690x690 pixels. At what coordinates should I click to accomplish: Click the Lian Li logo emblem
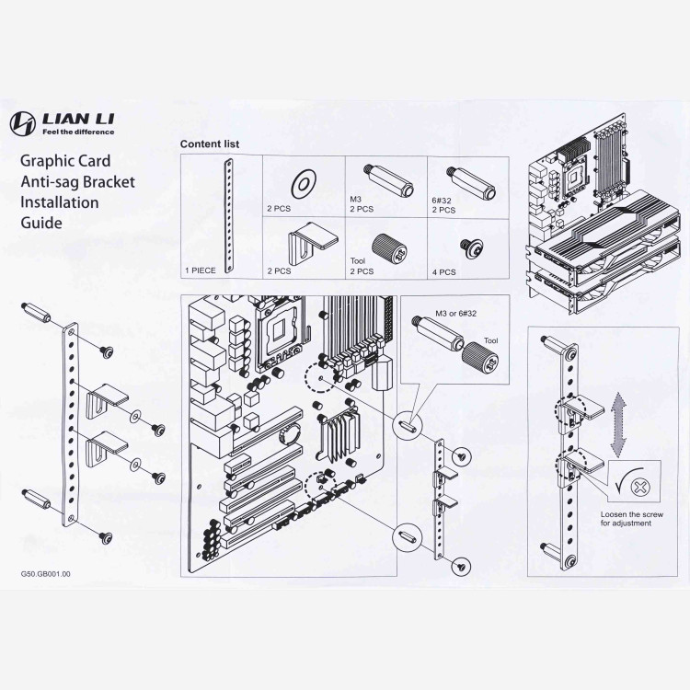[24, 122]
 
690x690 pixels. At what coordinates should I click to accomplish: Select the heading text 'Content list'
[209, 144]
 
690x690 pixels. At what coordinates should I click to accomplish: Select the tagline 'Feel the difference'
[83, 131]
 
